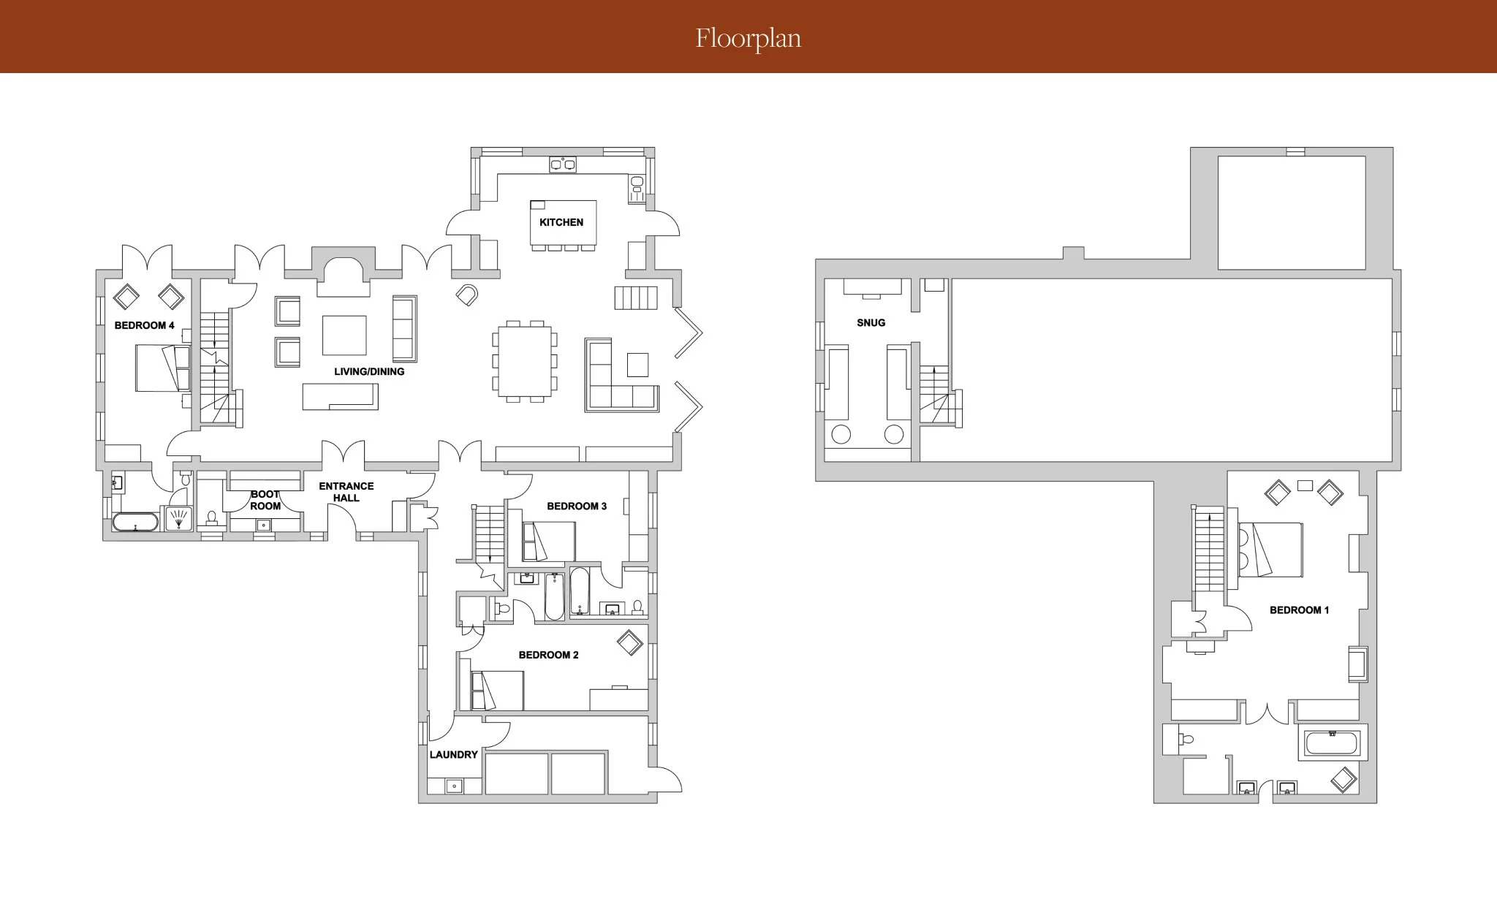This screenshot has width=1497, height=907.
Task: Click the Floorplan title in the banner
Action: (748, 38)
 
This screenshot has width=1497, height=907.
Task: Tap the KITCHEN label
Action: (561, 222)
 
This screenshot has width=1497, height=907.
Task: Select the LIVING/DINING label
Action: (369, 371)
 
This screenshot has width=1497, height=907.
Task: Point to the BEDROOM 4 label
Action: (145, 325)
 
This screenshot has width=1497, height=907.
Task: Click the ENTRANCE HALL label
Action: (346, 492)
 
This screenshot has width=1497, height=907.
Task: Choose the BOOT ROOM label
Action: (265, 500)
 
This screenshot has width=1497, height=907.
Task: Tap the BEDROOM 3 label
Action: (577, 506)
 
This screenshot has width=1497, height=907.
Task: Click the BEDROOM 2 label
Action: (548, 655)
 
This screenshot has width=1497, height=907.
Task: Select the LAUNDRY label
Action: (454, 754)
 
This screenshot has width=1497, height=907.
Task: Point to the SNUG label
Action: (871, 322)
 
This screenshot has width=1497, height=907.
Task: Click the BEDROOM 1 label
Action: (1299, 610)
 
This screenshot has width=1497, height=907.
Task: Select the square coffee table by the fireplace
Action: (344, 335)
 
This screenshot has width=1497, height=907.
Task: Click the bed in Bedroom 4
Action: (162, 368)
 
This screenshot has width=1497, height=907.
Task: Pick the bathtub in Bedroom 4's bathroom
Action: (134, 522)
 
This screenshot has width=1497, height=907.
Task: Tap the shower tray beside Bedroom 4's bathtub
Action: (179, 519)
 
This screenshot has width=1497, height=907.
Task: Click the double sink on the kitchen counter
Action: (562, 164)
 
